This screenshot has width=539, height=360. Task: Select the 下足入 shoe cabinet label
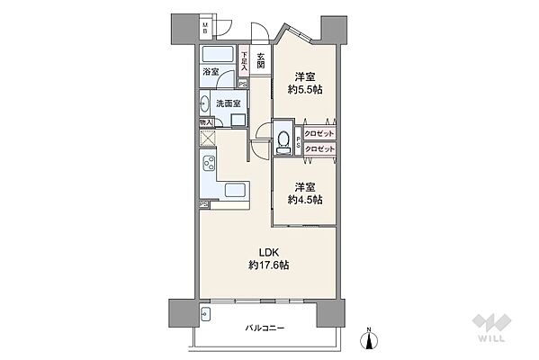click(x=243, y=60)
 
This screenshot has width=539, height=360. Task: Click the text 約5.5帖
click(x=304, y=90)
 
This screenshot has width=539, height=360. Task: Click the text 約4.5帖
click(x=304, y=200)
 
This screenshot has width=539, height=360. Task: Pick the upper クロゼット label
click(x=319, y=133)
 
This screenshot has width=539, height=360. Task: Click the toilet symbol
click(x=284, y=141)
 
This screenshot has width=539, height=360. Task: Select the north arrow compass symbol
click(x=369, y=337)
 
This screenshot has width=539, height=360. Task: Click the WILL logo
click(x=493, y=328)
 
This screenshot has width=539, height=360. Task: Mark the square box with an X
click(x=207, y=138)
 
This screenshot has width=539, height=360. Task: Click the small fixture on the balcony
click(x=206, y=314)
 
